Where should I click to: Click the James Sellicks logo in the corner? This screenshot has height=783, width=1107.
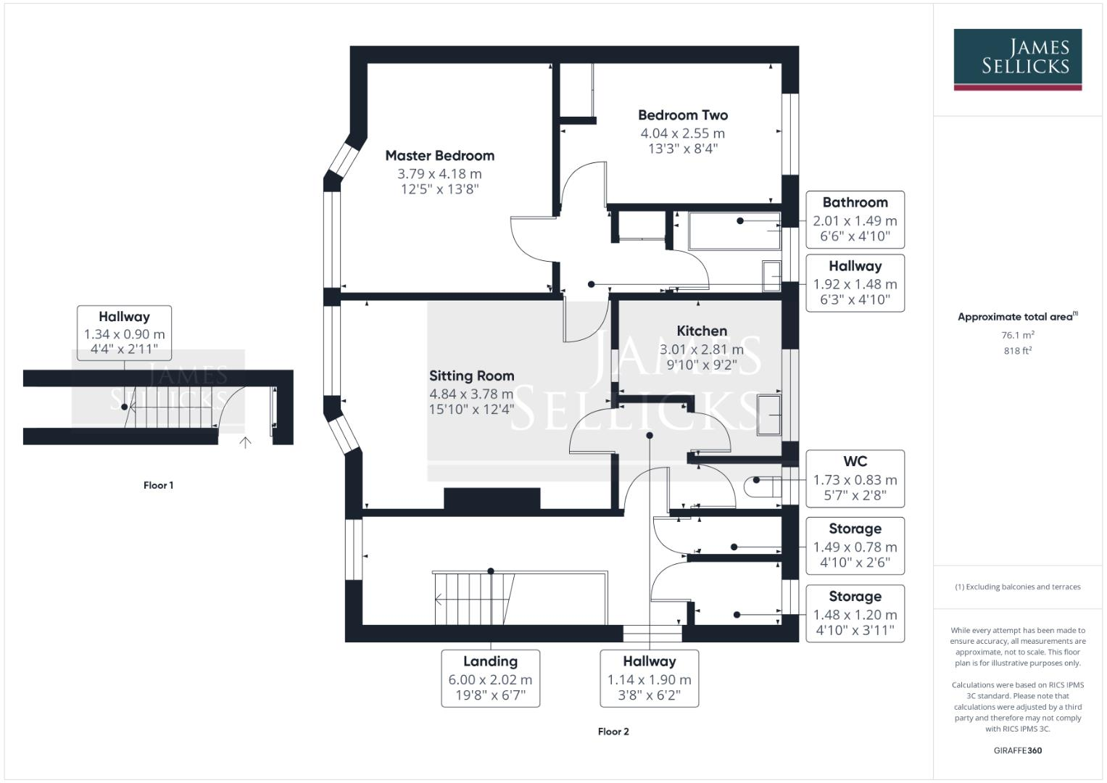[1018, 59]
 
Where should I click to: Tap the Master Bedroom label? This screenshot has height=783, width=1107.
[440, 156]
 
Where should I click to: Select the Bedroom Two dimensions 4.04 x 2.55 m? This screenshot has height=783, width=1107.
[682, 133]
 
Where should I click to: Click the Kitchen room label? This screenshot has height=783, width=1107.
[702, 331]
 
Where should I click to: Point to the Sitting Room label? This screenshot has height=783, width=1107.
[471, 376]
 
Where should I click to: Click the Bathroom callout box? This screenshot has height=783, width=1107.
[855, 220]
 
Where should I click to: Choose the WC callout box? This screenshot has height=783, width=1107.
[855, 478]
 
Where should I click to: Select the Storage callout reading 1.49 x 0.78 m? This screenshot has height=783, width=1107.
[855, 546]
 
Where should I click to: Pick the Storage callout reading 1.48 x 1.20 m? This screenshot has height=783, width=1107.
[855, 613]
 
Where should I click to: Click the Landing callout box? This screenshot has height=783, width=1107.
[490, 678]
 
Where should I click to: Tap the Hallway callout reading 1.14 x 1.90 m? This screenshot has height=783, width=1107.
[650, 678]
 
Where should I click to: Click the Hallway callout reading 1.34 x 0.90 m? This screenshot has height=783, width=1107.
[124, 333]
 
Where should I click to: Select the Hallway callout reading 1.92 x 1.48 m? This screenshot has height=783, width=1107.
[855, 283]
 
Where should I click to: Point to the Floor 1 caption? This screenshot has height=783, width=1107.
[158, 486]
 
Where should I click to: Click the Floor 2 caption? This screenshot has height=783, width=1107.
[613, 732]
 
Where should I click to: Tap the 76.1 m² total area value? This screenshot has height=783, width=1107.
[1018, 335]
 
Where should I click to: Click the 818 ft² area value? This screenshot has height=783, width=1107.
[1018, 350]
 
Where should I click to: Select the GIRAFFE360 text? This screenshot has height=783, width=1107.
[1018, 750]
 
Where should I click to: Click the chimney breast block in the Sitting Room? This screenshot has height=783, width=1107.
[492, 498]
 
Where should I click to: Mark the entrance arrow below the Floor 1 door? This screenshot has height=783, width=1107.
[245, 442]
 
